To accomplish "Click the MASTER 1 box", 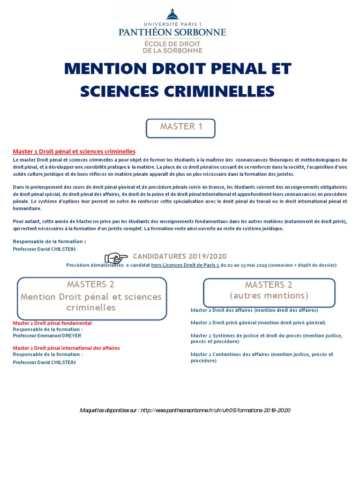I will [x=180, y=127].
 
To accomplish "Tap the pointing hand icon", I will [x=116, y=257].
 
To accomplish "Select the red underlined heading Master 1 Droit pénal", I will [x=74, y=151].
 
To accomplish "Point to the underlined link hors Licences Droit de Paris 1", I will [x=185, y=265].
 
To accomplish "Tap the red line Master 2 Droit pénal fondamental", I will [x=52, y=323].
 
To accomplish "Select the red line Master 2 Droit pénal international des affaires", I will [x=66, y=348].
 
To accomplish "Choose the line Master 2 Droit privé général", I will [x=258, y=322].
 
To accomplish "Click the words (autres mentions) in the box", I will [x=269, y=295].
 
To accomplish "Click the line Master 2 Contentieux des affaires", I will [x=262, y=354].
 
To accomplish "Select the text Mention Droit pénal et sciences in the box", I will [x=91, y=297].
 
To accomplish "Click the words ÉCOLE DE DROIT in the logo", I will [x=172, y=43].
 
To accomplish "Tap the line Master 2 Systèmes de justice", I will [x=266, y=336].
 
